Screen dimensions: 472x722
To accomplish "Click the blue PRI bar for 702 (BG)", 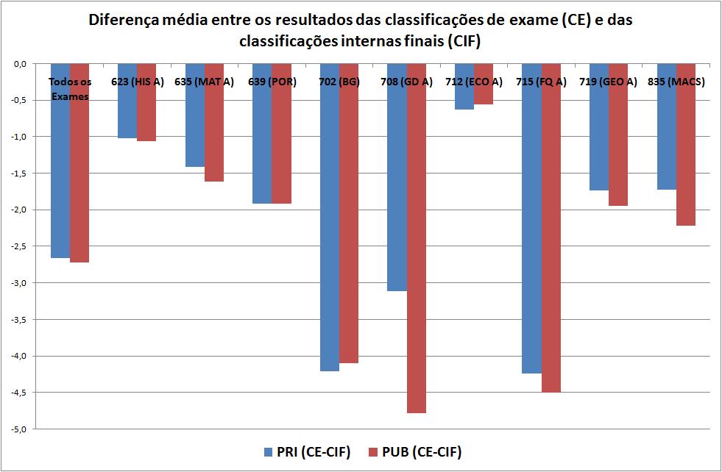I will pyautogui.click(x=330, y=221).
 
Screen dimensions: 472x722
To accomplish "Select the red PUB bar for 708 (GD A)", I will pyautogui.click(x=416, y=243).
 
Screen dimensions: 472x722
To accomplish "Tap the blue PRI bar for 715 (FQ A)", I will pyautogui.click(x=531, y=221).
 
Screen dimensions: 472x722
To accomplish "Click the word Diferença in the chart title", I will pyautogui.click(x=120, y=20).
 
